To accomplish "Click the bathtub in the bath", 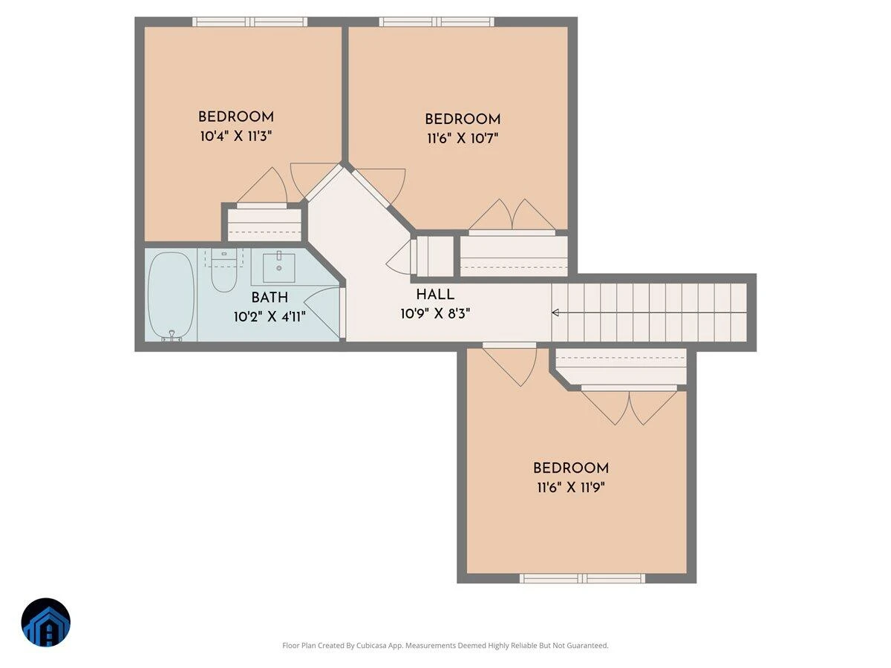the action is tap(171, 295).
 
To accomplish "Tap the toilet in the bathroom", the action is tap(223, 270).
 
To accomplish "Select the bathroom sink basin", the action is tap(279, 268).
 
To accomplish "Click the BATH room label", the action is tap(270, 298).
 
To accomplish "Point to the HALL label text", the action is tap(435, 295).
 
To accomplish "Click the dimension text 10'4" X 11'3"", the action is tap(236, 137).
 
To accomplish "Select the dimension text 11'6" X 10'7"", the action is tap(463, 139).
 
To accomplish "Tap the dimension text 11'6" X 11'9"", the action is tap(571, 487).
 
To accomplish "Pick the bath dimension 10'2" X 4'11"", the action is tap(270, 317).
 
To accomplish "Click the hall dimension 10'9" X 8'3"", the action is tap(435, 313).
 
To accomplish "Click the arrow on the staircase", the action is tap(555, 312).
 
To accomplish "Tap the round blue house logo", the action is tap(46, 622).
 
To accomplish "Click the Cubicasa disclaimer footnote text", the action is tap(446, 645).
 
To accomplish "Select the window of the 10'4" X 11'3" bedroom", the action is tap(249, 22).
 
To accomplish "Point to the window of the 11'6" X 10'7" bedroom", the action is tap(437, 22).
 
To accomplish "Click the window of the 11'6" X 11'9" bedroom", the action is tap(582, 578).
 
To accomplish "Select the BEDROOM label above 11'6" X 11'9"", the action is tap(571, 468).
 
